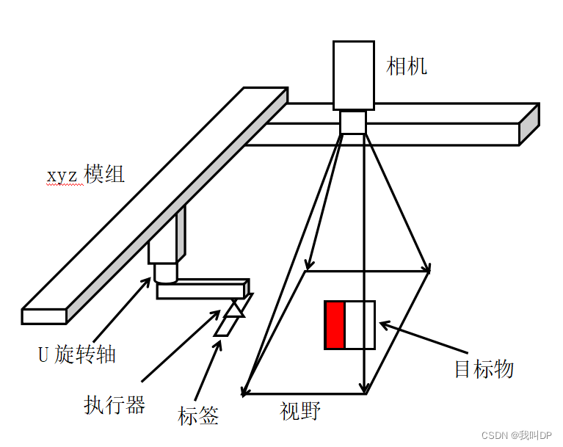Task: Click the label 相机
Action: (407, 67)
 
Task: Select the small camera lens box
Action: (353, 122)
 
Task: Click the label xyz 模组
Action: (86, 175)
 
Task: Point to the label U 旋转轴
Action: (77, 355)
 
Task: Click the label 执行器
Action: (115, 404)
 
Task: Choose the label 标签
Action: (198, 415)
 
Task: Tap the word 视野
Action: (300, 410)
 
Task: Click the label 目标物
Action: (484, 368)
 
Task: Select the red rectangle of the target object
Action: (335, 325)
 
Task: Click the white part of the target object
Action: (360, 325)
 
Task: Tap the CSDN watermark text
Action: (509, 435)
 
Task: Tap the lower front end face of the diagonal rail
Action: (45, 316)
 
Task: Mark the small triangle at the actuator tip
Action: (234, 309)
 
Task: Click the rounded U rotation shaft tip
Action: (165, 275)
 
